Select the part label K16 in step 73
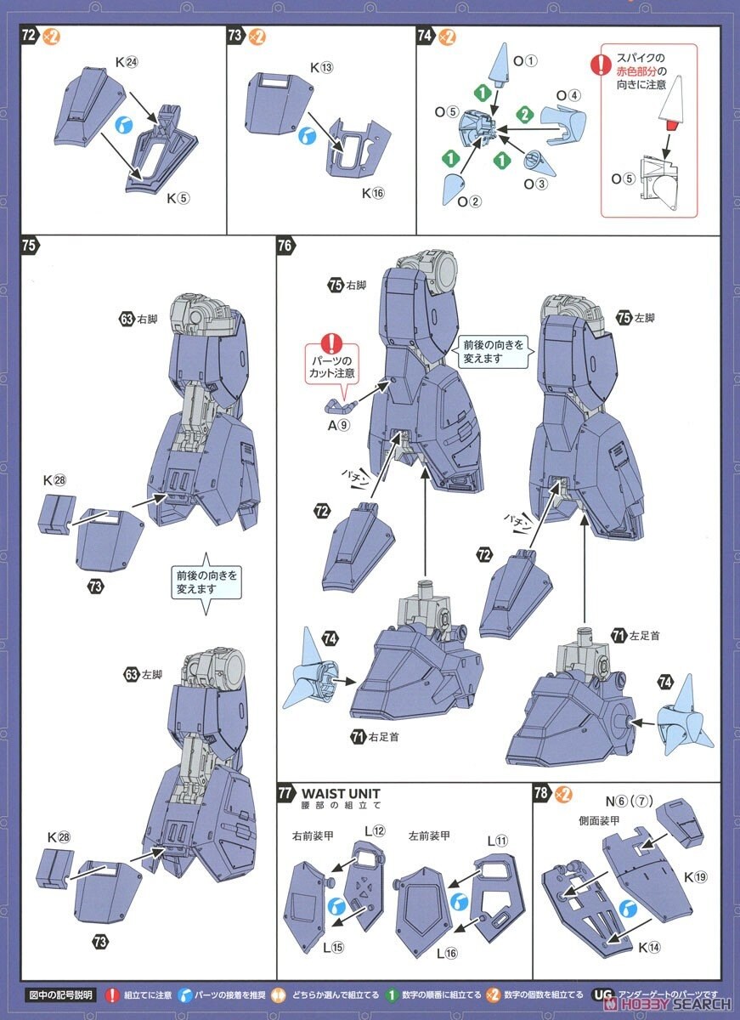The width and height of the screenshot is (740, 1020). pyautogui.click(x=373, y=193)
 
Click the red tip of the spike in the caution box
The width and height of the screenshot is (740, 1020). pyautogui.click(x=671, y=126)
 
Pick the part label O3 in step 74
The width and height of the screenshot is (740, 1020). pyautogui.click(x=535, y=183)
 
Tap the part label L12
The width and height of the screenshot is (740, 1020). pyautogui.click(x=375, y=830)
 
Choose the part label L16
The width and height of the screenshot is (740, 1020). pyautogui.click(x=447, y=953)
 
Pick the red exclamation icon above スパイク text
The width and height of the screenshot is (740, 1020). pyautogui.click(x=602, y=63)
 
